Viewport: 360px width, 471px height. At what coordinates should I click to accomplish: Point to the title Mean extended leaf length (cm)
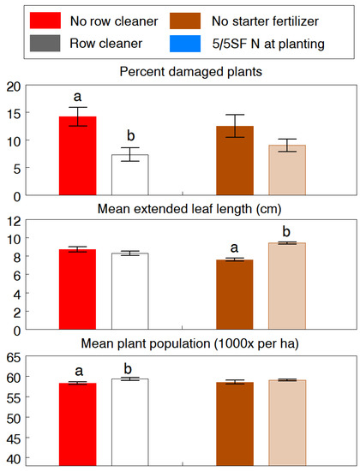tap(180, 206)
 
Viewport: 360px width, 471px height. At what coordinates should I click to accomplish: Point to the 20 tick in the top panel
tap(15, 86)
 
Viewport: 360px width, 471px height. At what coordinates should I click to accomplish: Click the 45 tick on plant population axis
tap(15, 439)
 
